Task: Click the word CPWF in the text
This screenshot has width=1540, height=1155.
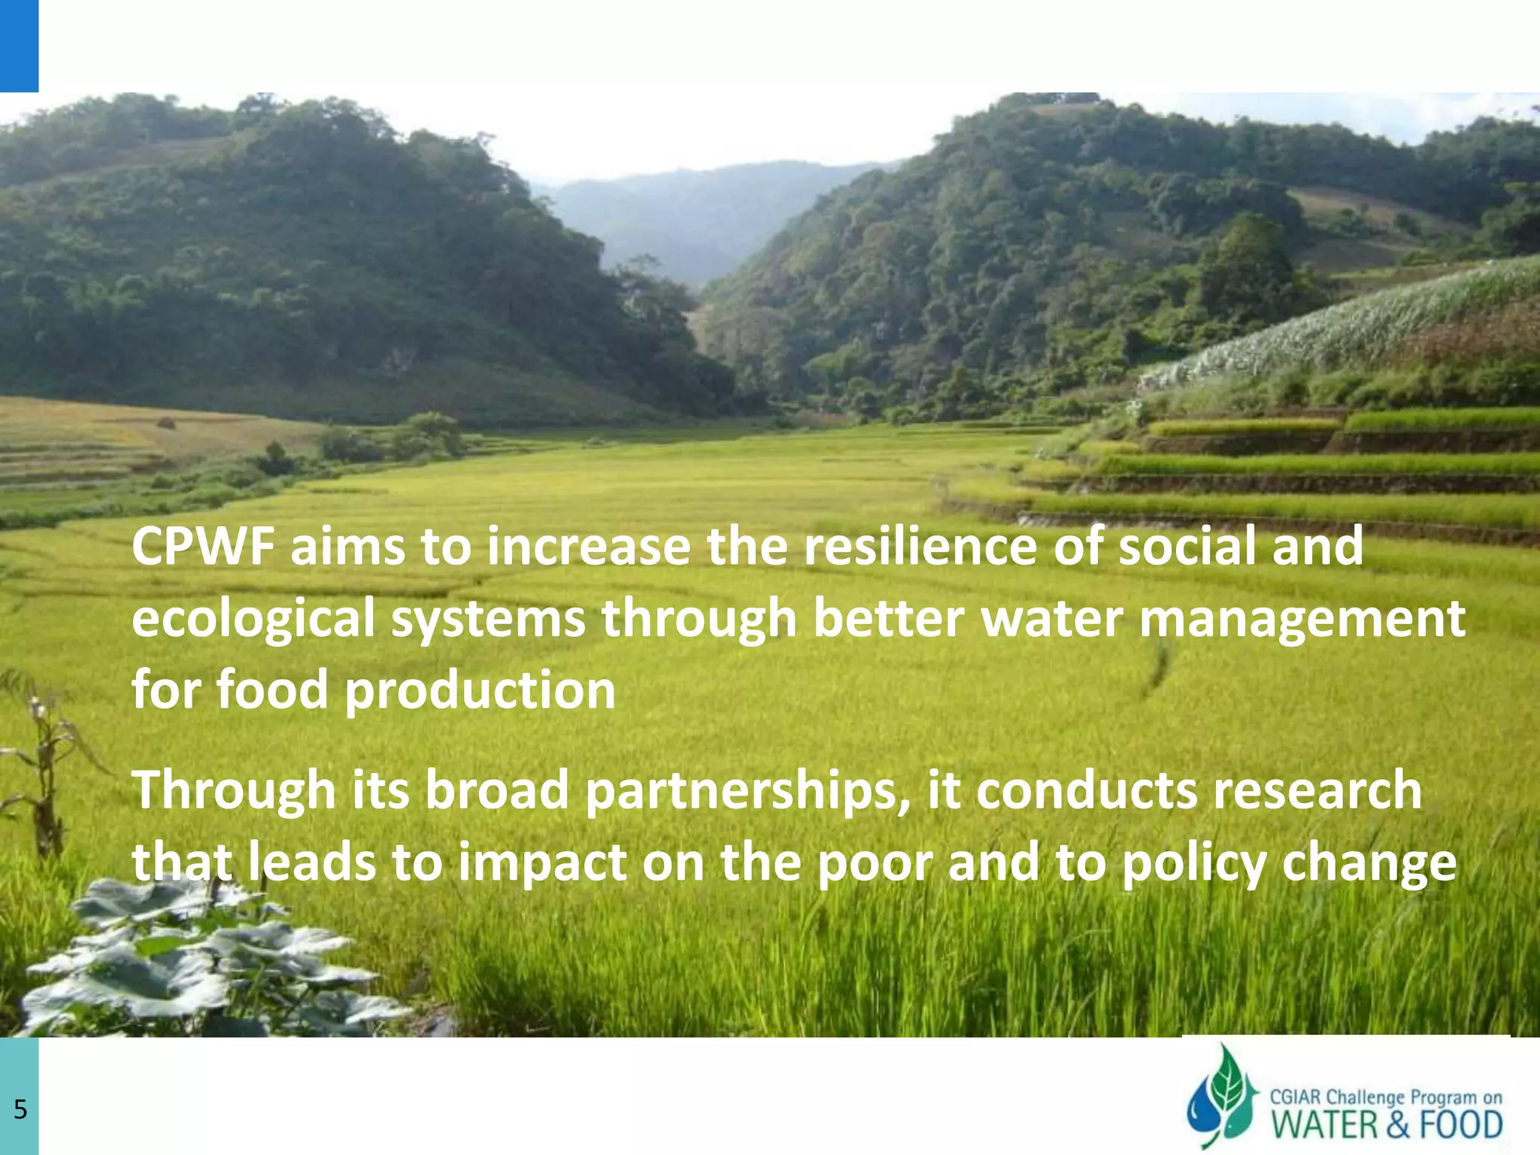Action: [202, 547]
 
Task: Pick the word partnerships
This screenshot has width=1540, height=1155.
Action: [747, 792]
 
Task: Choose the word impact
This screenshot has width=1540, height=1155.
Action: [542, 862]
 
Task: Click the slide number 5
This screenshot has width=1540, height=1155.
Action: [20, 1109]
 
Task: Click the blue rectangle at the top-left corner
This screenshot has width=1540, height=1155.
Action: [19, 45]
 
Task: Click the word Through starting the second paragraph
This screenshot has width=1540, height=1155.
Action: [234, 792]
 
